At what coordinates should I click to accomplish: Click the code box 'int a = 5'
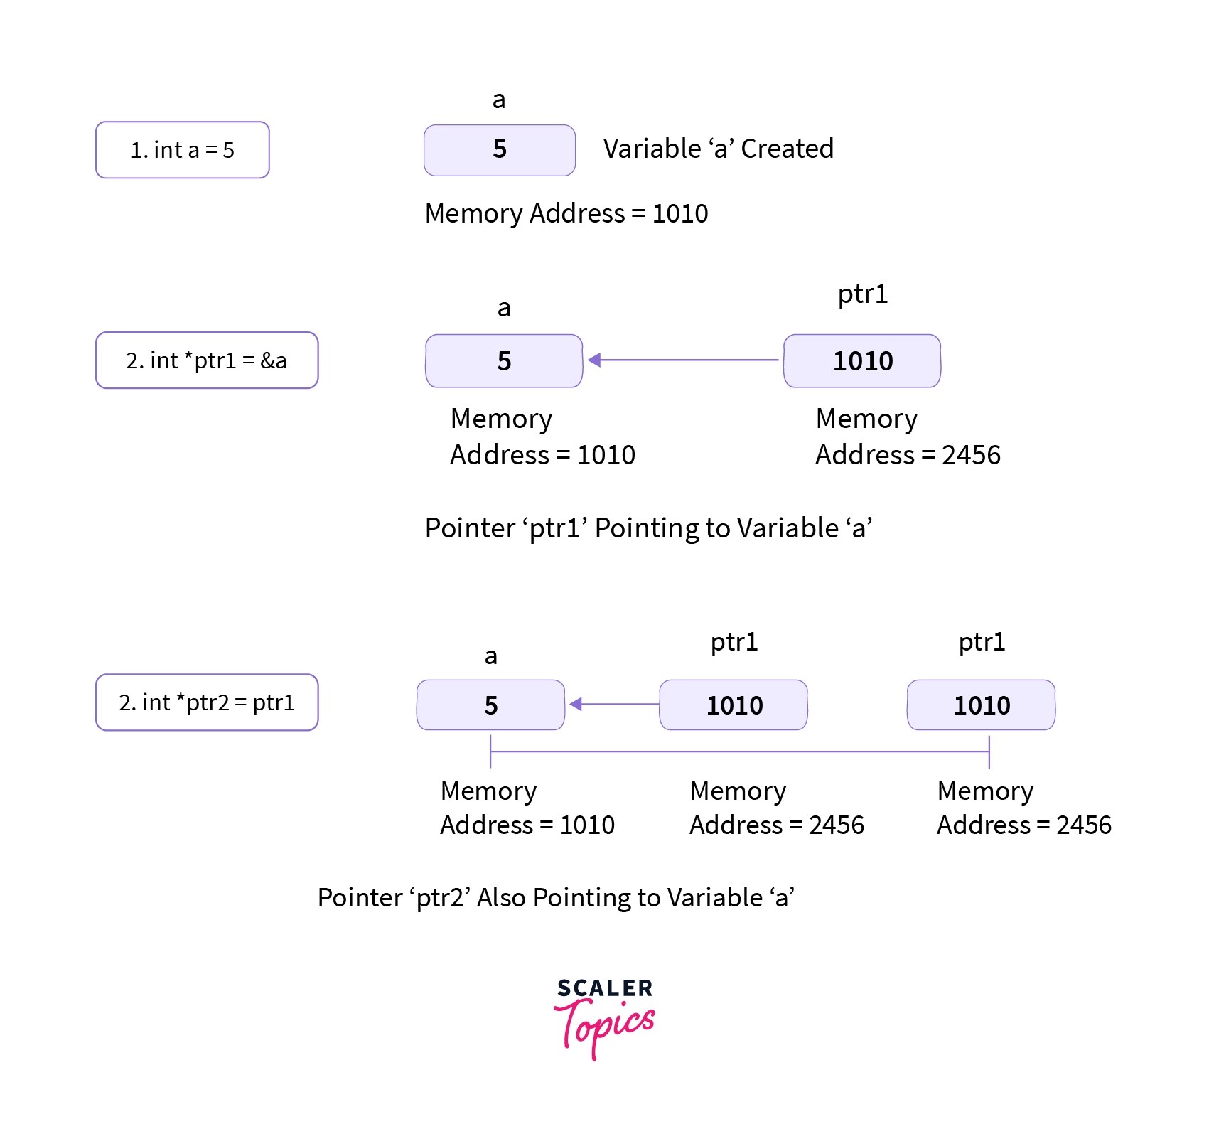pos(182,150)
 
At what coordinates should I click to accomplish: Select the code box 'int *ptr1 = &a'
pos(207,360)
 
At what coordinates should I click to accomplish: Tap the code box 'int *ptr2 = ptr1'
pos(207,702)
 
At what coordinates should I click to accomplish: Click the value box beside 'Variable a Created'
pos(499,150)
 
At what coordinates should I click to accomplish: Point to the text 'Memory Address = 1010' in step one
pos(566,213)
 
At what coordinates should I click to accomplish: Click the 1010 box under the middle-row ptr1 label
pos(862,361)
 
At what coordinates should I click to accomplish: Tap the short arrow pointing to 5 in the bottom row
pos(615,705)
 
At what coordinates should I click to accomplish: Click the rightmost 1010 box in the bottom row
pos(981,705)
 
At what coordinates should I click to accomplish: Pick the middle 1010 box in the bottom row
pos(734,705)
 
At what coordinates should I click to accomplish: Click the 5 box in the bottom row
pos(490,705)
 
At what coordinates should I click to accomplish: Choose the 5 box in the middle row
pos(504,361)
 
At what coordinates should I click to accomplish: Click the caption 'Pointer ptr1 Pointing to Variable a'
pos(648,528)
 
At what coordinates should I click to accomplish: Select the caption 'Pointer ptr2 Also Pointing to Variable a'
pos(556,898)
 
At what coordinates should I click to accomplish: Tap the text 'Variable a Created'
pos(718,149)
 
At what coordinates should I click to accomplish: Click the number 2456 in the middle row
pos(971,455)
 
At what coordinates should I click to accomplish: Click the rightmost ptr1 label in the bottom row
pos(982,642)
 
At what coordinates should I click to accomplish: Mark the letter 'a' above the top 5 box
pos(499,100)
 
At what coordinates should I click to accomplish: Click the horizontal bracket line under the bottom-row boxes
pos(739,751)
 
